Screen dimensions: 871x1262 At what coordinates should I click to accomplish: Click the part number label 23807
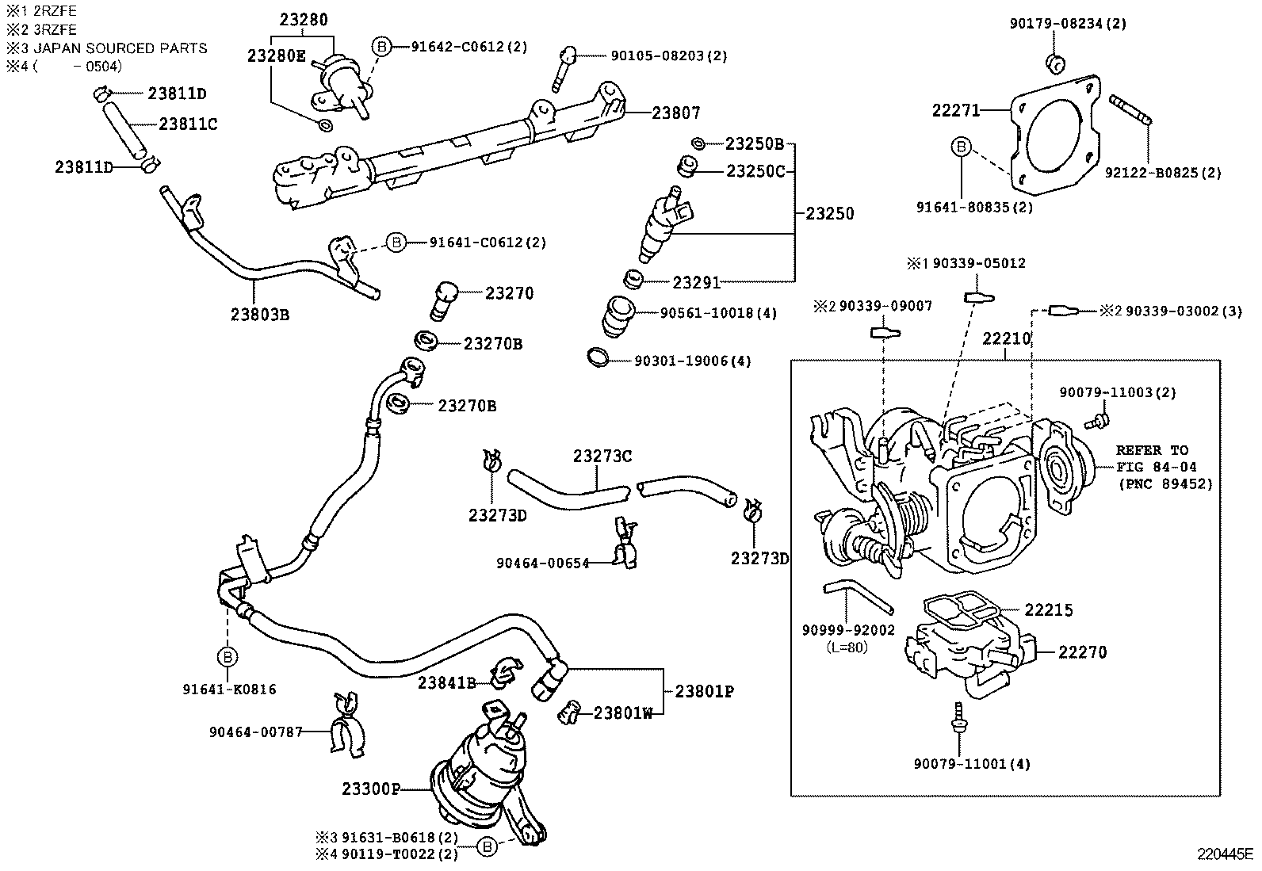pyautogui.click(x=675, y=113)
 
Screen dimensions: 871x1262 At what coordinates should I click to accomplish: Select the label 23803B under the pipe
pyautogui.click(x=260, y=315)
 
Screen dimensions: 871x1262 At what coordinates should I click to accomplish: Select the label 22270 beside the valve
pyautogui.click(x=1082, y=652)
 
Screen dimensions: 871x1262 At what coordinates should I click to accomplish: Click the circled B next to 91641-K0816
pyautogui.click(x=227, y=656)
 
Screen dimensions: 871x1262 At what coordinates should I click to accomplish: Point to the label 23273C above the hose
pyautogui.click(x=602, y=457)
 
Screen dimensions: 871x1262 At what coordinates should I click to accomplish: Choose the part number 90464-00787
pyautogui.click(x=256, y=732)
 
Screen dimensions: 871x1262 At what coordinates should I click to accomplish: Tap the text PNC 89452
pyautogui.click(x=1165, y=483)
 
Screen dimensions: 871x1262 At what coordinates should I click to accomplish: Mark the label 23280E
pyautogui.click(x=276, y=55)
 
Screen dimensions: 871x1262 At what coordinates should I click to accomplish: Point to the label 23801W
pyautogui.click(x=623, y=712)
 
